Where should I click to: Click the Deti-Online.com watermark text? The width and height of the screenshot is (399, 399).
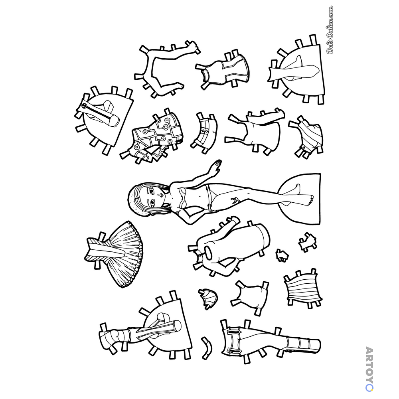(x=330, y=30)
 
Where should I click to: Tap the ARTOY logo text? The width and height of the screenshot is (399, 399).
(x=369, y=369)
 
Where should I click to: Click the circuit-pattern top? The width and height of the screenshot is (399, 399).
(x=153, y=136)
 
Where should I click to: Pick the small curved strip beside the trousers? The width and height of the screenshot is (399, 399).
(x=207, y=348)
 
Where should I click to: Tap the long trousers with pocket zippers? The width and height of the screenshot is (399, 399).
(x=270, y=340)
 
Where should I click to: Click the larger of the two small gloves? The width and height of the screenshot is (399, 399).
(x=308, y=241)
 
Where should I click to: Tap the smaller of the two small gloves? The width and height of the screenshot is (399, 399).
(x=282, y=255)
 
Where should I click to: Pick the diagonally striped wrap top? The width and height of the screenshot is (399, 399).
(x=308, y=136)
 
